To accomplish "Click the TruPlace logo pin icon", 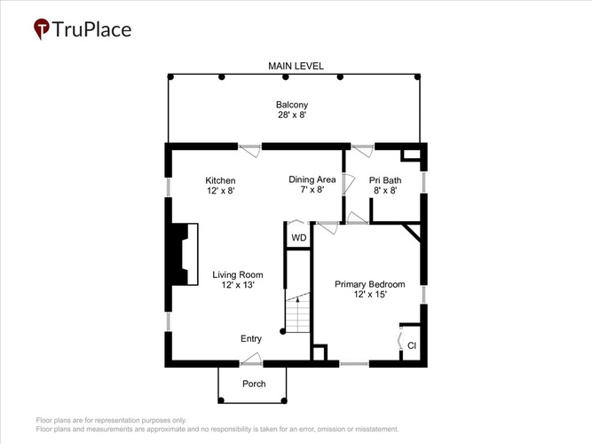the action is click(42, 28).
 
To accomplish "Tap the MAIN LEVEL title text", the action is click(296, 66).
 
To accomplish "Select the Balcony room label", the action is click(292, 105).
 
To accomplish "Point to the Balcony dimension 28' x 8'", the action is click(292, 115).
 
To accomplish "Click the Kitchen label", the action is click(220, 180).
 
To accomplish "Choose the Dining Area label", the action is click(312, 179).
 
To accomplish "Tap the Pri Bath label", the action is click(385, 180).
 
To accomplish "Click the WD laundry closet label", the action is click(298, 238).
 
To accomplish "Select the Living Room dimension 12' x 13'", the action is click(238, 285).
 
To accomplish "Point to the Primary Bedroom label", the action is click(369, 284).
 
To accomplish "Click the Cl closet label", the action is click(412, 345).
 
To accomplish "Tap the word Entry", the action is click(251, 338).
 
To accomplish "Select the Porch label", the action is click(254, 384).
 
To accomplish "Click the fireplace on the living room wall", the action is click(185, 254).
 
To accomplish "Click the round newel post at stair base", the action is click(282, 331).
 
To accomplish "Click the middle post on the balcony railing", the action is click(286, 77).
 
